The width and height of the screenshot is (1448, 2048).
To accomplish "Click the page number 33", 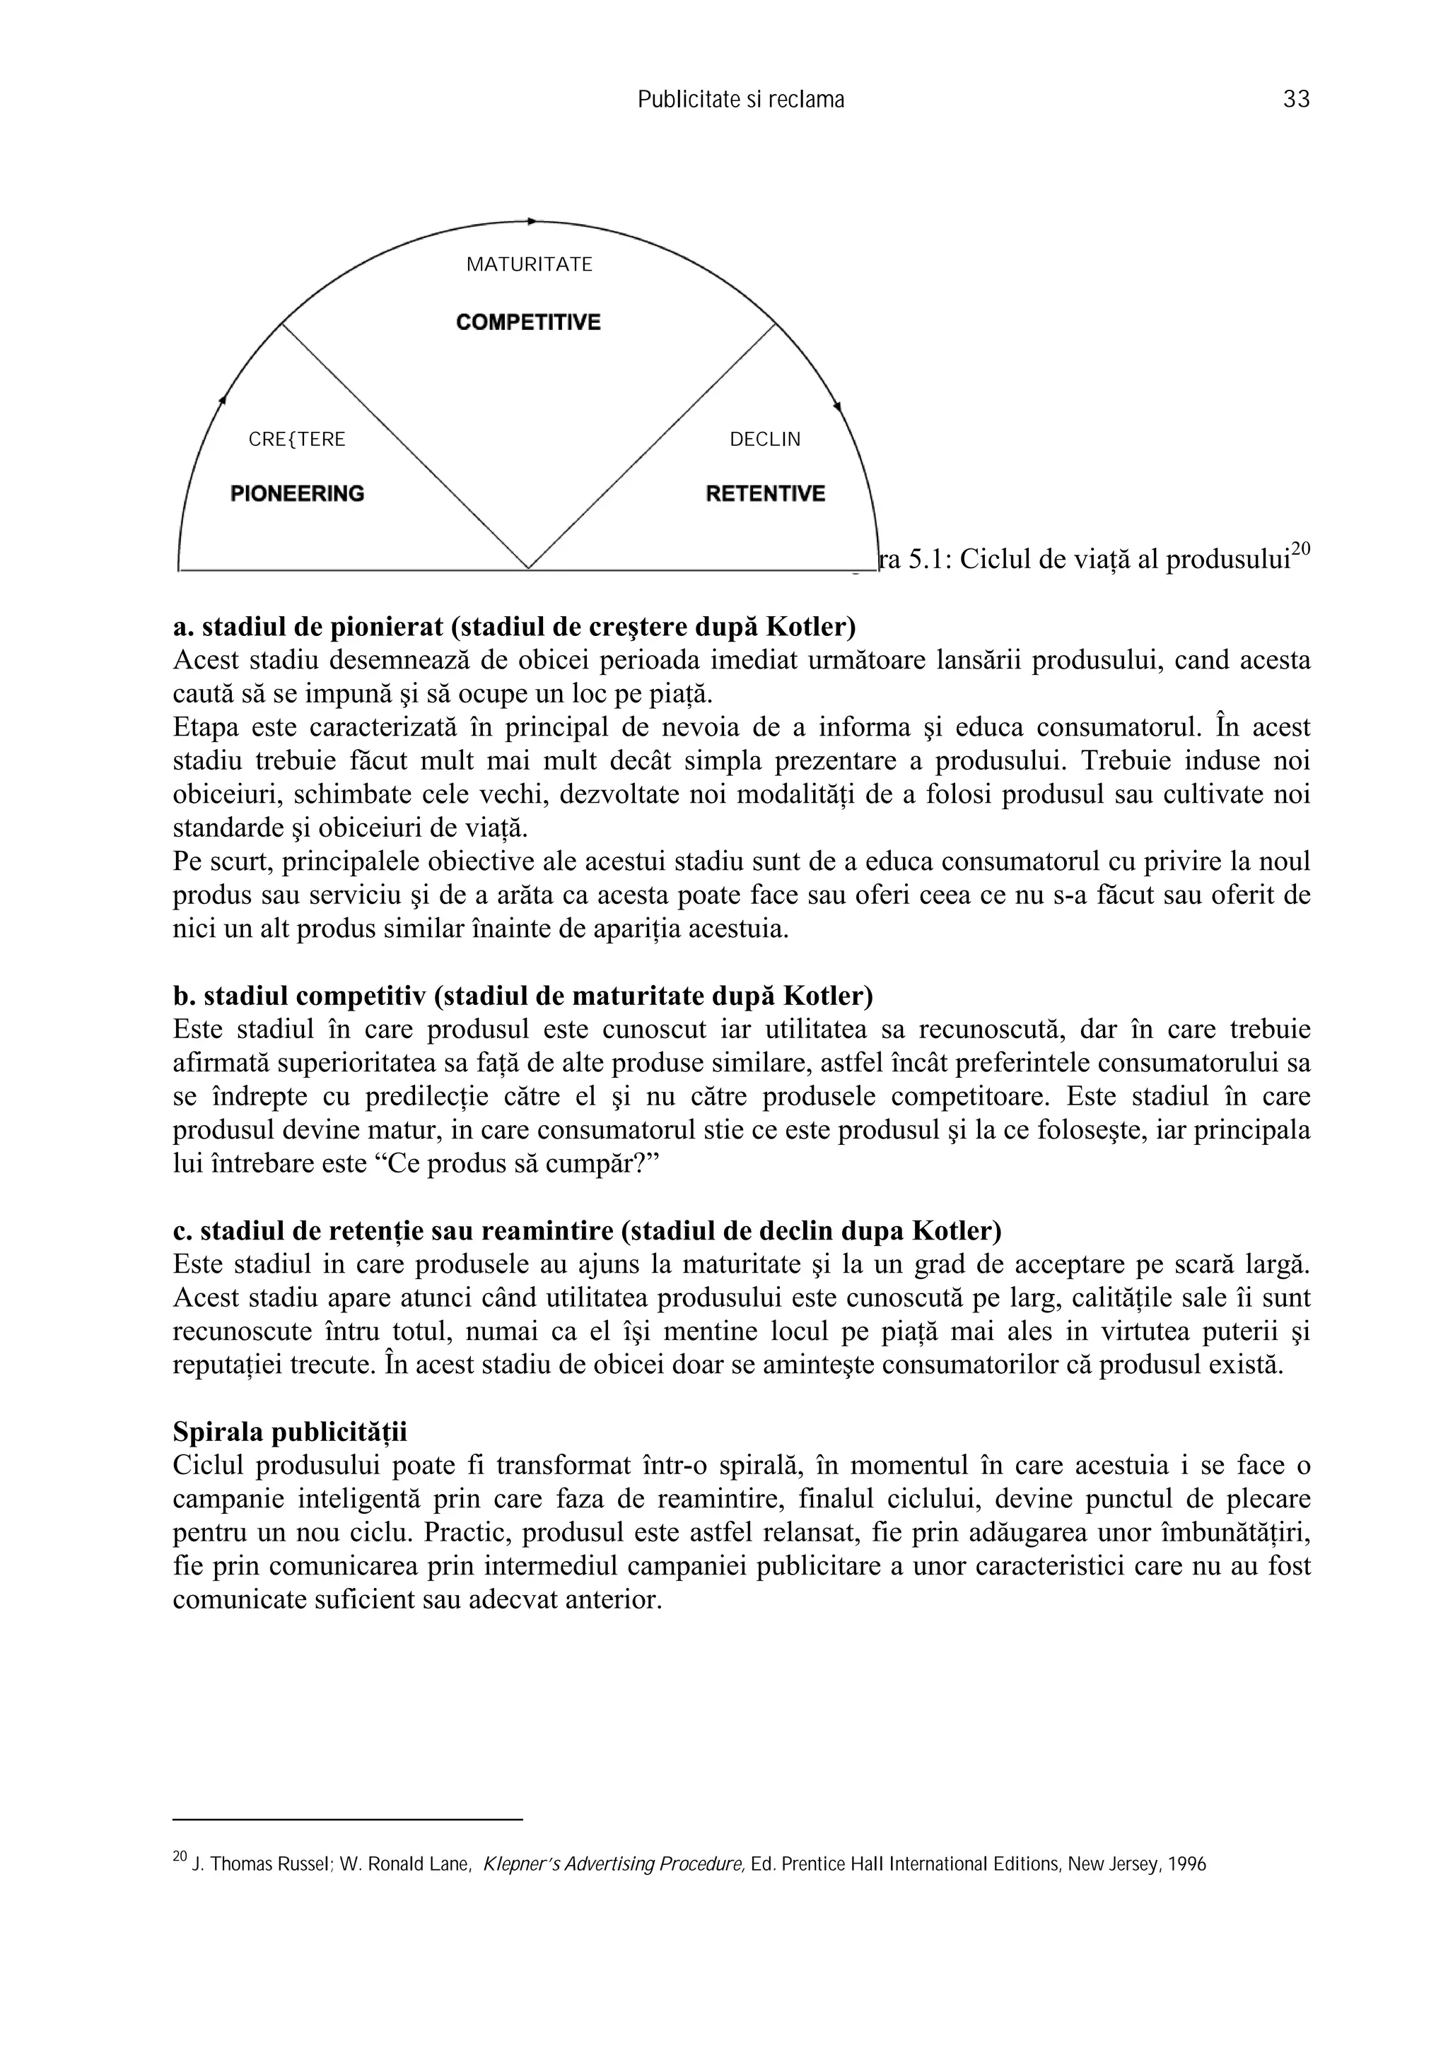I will pos(1295,100).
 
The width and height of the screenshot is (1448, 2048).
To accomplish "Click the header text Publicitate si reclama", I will pos(740,100).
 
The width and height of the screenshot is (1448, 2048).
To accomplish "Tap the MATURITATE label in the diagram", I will pos(529,265).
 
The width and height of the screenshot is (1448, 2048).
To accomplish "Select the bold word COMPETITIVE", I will pos(528,322).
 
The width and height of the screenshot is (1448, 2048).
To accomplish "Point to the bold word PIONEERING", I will pos(297,493).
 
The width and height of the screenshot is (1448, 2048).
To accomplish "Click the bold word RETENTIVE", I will pos(764,493).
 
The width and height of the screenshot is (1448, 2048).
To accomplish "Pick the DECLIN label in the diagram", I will pos(764,440).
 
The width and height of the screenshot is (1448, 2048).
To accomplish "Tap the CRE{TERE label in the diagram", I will pos(296,440).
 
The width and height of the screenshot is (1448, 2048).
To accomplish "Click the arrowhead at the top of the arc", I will pos(532,220).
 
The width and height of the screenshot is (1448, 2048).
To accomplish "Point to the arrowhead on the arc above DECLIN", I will pos(837,407).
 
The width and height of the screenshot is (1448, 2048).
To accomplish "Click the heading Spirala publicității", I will pos(289,1432).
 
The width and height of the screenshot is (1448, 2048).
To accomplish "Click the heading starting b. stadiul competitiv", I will pos(522,996).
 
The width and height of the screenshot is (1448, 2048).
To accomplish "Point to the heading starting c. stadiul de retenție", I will pos(586,1231).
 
